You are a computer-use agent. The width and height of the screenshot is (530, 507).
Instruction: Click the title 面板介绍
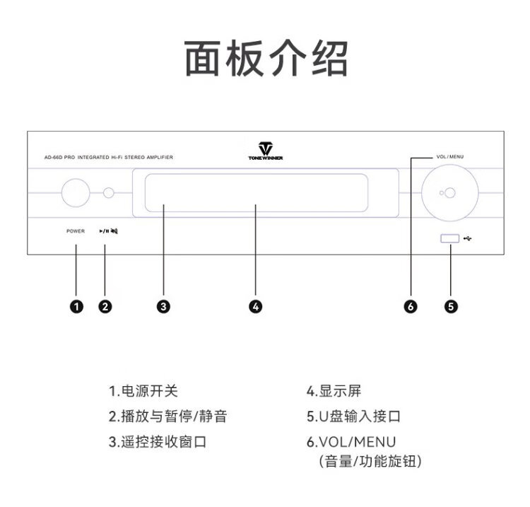pyautogui.click(x=266, y=59)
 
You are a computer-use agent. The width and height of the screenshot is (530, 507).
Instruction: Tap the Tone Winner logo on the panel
pyautogui.click(x=266, y=151)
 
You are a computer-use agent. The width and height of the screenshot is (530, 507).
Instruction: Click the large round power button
pyautogui.click(x=75, y=192)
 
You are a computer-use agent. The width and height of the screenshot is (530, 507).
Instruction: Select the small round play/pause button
pyautogui.click(x=108, y=192)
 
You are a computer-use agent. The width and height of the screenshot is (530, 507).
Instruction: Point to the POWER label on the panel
pyautogui.click(x=76, y=231)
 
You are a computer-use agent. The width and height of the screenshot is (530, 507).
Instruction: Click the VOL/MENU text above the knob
pyautogui.click(x=449, y=156)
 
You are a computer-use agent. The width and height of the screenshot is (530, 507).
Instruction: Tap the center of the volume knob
pyautogui.click(x=447, y=192)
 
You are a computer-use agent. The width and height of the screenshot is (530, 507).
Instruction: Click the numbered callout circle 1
pyautogui.click(x=76, y=306)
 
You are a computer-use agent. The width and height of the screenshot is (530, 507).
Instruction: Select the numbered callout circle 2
pyautogui.click(x=105, y=306)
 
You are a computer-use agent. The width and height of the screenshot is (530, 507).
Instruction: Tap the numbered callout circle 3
pyautogui.click(x=163, y=306)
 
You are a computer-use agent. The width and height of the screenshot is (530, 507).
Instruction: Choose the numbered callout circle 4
pyautogui.click(x=256, y=306)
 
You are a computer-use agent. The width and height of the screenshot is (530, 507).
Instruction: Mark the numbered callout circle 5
pyautogui.click(x=450, y=306)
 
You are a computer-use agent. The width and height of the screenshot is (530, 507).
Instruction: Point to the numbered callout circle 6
pyautogui.click(x=411, y=306)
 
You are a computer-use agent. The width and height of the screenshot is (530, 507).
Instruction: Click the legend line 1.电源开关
pyautogui.click(x=143, y=391)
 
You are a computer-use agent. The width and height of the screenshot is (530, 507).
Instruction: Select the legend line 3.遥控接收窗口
pyautogui.click(x=157, y=442)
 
